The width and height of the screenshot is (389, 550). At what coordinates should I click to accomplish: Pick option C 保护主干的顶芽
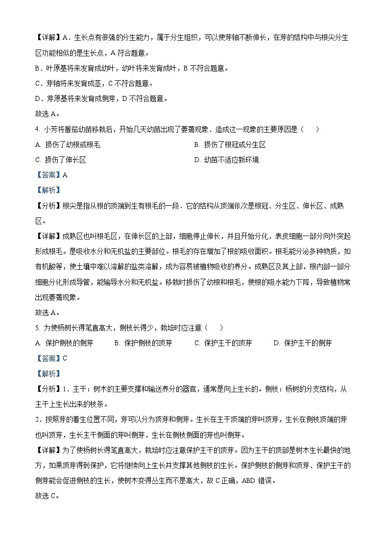[x=223, y=343]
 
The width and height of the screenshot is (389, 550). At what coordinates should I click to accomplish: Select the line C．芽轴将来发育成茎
[x=94, y=84]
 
